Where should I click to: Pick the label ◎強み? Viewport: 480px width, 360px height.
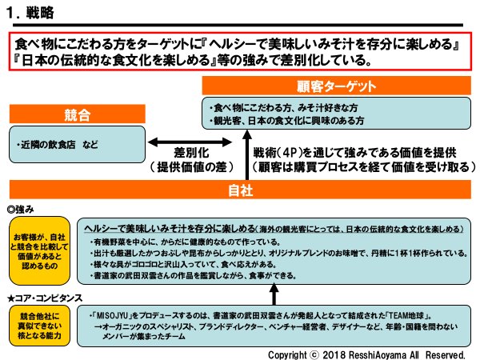(x=22, y=209)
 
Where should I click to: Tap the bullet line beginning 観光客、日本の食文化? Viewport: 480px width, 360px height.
(x=286, y=120)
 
